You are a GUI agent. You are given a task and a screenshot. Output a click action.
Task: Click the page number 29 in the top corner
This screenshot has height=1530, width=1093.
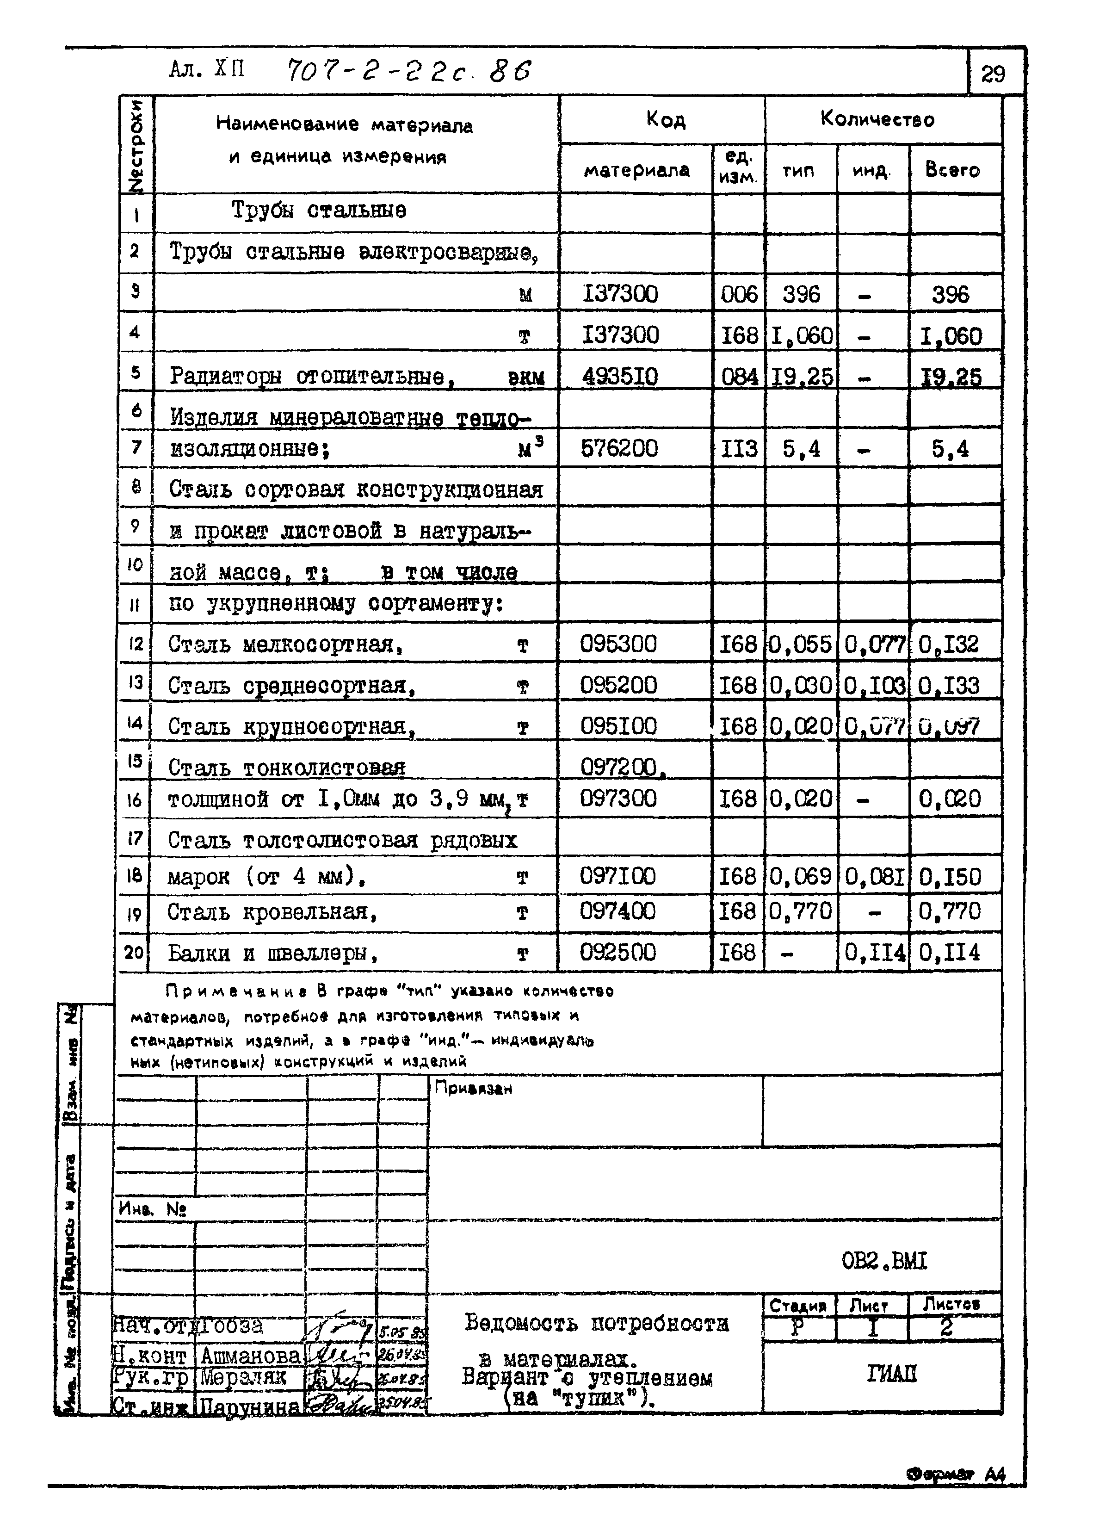(x=993, y=73)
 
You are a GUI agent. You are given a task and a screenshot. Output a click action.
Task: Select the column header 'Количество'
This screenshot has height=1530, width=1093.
(x=877, y=120)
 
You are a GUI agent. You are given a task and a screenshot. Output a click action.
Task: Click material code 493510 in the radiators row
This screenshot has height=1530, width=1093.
(x=620, y=376)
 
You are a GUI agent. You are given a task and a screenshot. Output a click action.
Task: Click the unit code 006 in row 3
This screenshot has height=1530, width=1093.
(x=738, y=294)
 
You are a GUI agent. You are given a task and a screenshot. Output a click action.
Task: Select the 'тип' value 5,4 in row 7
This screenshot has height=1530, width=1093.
(x=801, y=448)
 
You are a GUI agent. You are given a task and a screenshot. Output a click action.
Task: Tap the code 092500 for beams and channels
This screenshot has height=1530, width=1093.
(x=618, y=952)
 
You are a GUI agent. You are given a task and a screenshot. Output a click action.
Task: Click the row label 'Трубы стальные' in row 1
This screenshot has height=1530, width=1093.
(x=319, y=210)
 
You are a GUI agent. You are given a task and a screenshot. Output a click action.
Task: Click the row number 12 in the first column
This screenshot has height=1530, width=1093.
(x=135, y=644)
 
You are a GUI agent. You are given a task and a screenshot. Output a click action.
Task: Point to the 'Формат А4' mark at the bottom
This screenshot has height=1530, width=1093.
(x=956, y=1474)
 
